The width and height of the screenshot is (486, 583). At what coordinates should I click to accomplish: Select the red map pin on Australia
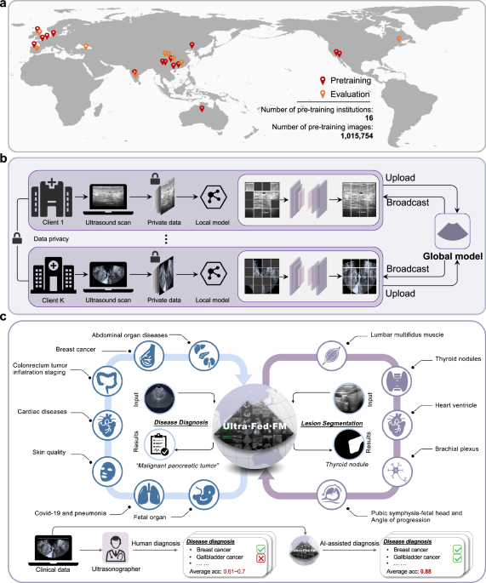click(202, 108)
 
